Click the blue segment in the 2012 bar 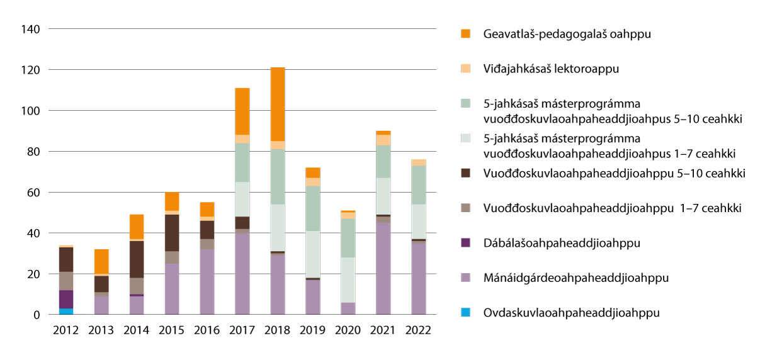pyautogui.click(x=66, y=311)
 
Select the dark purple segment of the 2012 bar pyautogui.click(x=66, y=299)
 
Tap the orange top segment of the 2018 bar pyautogui.click(x=278, y=104)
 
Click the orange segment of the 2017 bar pyautogui.click(x=242, y=111)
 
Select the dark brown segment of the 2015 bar pyautogui.click(x=172, y=233)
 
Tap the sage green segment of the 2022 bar pyautogui.click(x=419, y=185)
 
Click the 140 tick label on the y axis pyautogui.click(x=31, y=29)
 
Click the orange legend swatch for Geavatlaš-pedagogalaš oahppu pyautogui.click(x=465, y=34)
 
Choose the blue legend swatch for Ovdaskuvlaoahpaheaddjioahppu pyautogui.click(x=465, y=312)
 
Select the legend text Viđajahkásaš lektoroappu pyautogui.click(x=551, y=69)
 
